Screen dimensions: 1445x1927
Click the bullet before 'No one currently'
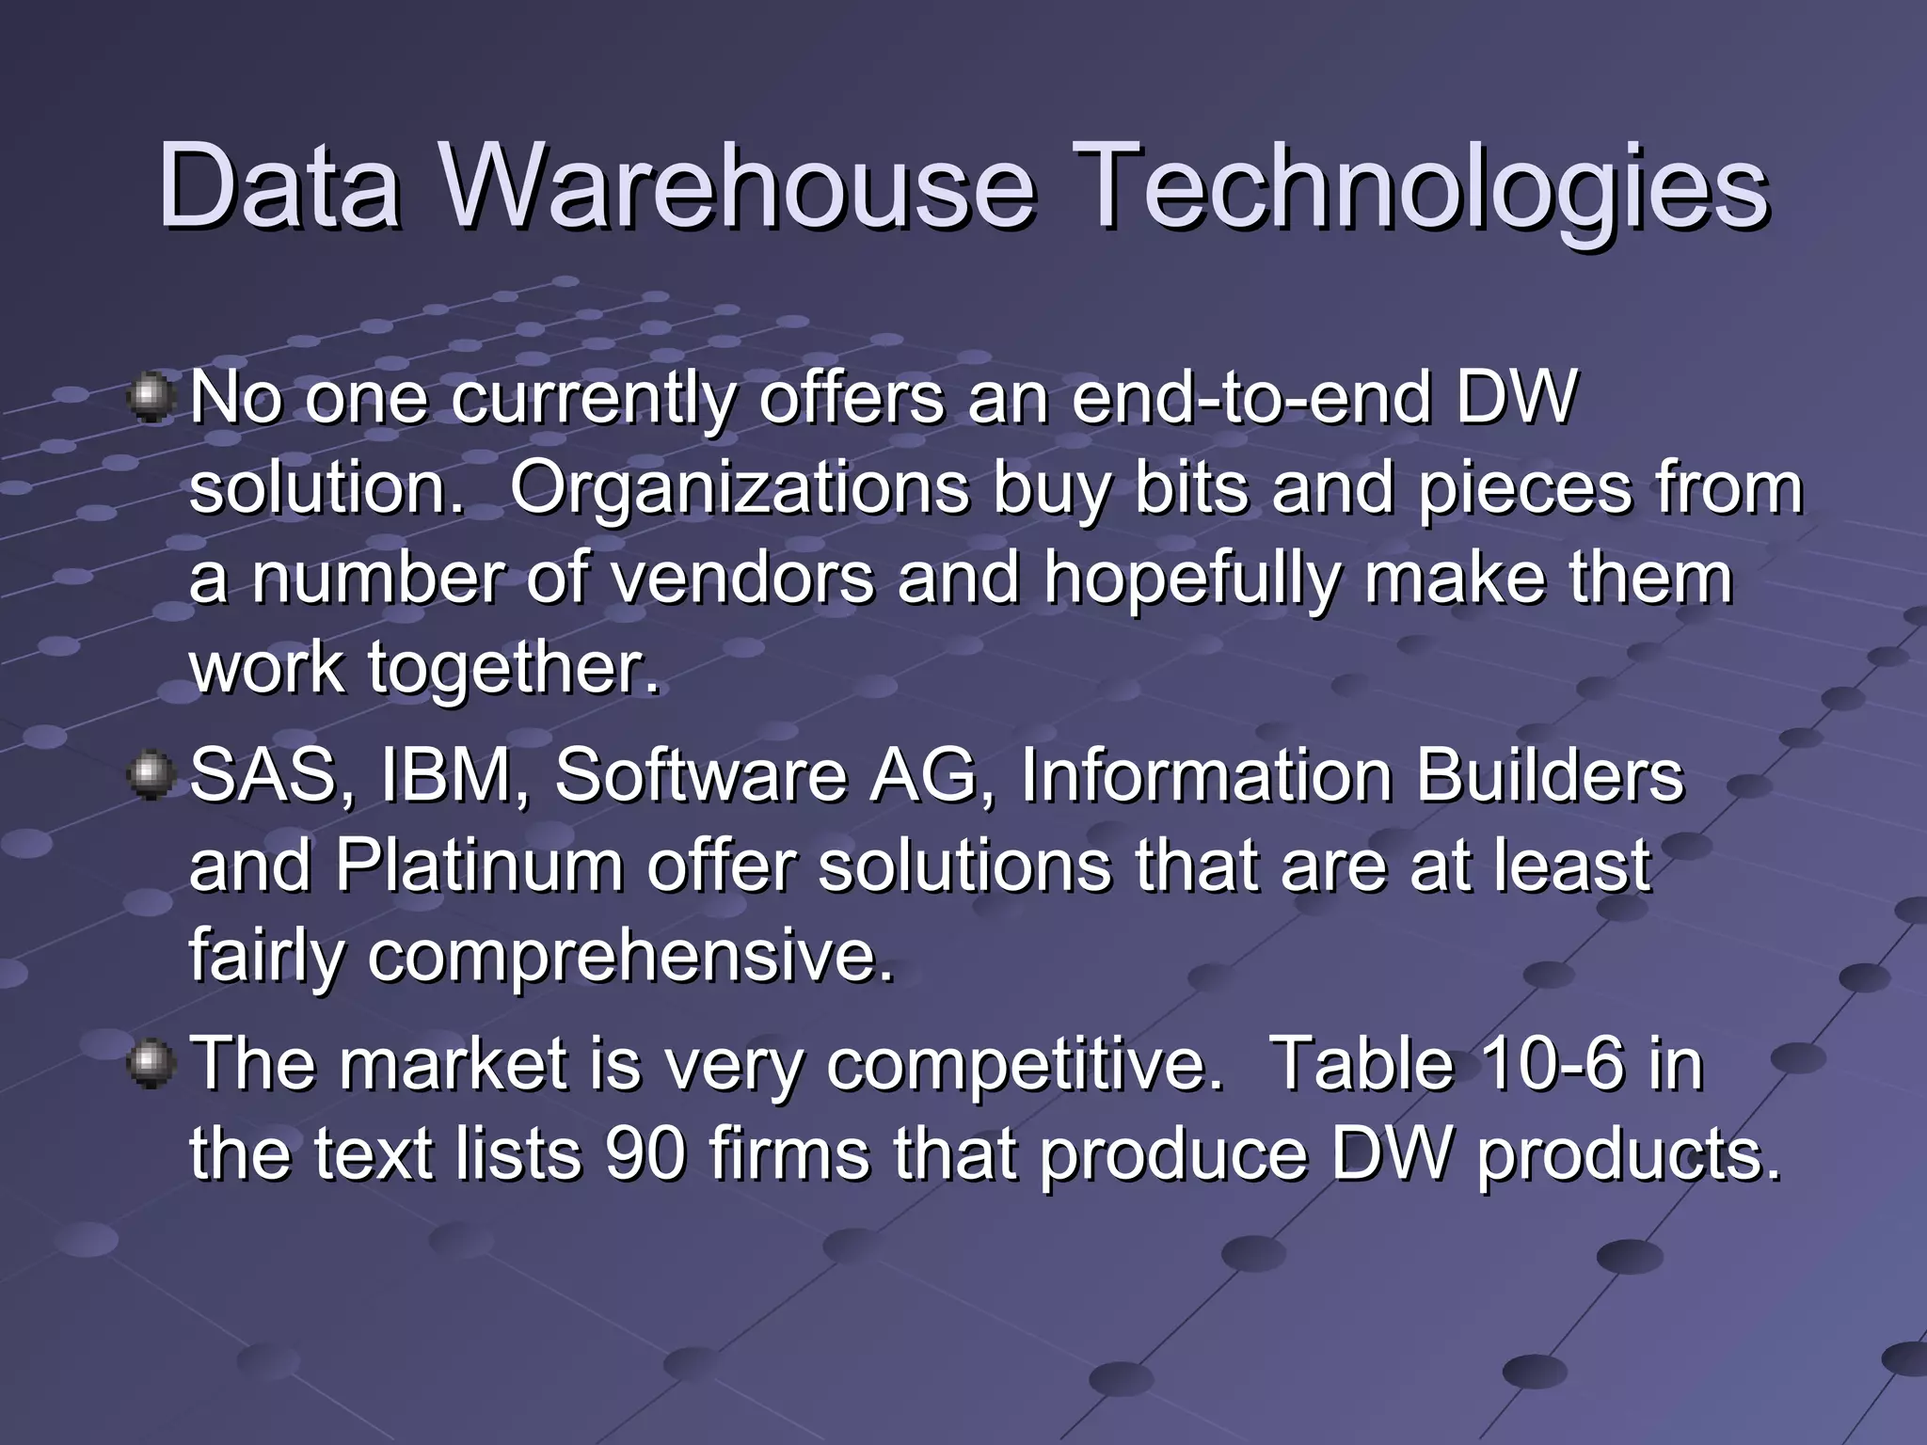click(x=151, y=399)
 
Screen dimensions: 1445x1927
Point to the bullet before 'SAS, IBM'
click(x=151, y=777)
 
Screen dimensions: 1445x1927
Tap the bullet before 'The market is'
click(x=151, y=1065)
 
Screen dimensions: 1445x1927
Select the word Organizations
click(x=740, y=489)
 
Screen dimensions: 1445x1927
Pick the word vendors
click(x=743, y=579)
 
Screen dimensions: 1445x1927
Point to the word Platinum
click(x=479, y=866)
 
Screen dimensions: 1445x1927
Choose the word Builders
click(x=1549, y=777)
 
